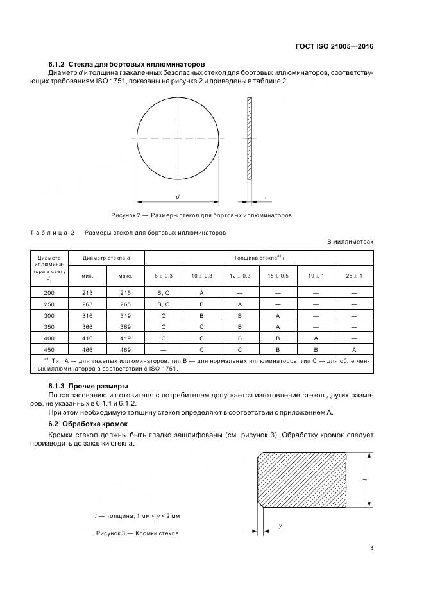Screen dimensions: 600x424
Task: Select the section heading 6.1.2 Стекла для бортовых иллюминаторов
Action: pyautogui.click(x=126, y=64)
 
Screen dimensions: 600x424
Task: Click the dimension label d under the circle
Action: pyautogui.click(x=178, y=196)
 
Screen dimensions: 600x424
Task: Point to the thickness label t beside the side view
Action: pyautogui.click(x=266, y=196)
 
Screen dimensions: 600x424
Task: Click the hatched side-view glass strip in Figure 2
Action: pyautogui.click(x=250, y=139)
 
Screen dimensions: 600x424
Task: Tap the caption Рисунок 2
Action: pyautogui.click(x=201, y=215)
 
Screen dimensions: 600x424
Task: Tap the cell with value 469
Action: pyautogui.click(x=126, y=350)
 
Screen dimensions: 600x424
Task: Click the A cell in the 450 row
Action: pyautogui.click(x=354, y=350)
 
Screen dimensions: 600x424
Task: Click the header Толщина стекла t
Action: pyautogui.click(x=259, y=258)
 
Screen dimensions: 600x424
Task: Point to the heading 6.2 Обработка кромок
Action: pyautogui.click(x=89, y=424)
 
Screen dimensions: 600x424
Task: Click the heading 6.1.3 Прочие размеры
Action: pyautogui.click(x=89, y=386)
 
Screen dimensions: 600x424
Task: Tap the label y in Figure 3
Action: pyautogui.click(x=281, y=526)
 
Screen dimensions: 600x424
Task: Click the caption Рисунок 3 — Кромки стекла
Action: pyautogui.click(x=137, y=533)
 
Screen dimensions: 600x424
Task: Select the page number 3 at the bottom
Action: pyautogui.click(x=371, y=548)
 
